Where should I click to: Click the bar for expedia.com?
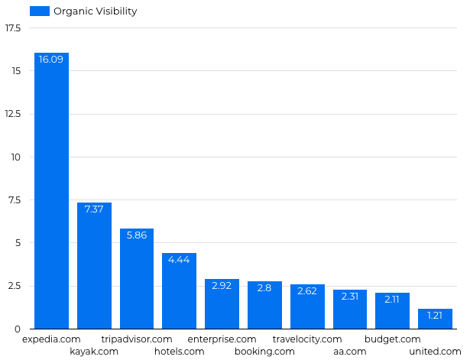(x=51, y=191)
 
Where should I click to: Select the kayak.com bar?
(x=94, y=266)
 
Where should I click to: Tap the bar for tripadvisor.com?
(x=137, y=279)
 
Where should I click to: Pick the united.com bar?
(x=435, y=319)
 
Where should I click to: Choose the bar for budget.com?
(x=392, y=311)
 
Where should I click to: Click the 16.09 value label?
(x=51, y=60)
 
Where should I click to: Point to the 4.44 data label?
(x=179, y=260)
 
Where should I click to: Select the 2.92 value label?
(x=222, y=286)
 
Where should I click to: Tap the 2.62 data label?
(x=307, y=291)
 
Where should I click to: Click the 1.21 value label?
(x=435, y=316)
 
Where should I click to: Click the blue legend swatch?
(x=40, y=11)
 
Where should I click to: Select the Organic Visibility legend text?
(x=96, y=11)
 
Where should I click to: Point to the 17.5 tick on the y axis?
(x=13, y=28)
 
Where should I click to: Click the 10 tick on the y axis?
(x=16, y=157)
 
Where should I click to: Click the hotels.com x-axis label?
(x=179, y=352)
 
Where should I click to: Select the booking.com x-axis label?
(x=264, y=352)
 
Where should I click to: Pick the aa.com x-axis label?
(x=349, y=352)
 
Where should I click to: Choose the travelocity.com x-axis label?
(x=307, y=339)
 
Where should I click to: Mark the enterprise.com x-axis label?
(x=222, y=339)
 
